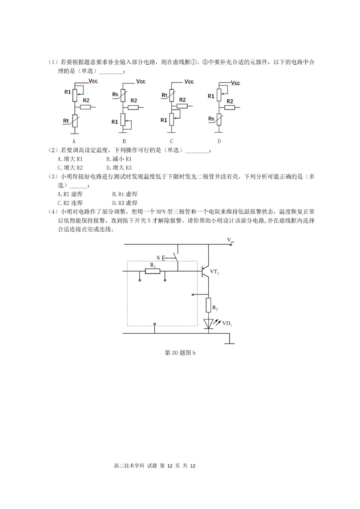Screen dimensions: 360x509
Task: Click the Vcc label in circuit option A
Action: point(93,81)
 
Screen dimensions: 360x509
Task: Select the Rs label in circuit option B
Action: point(115,94)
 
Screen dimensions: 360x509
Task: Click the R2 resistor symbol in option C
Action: point(182,106)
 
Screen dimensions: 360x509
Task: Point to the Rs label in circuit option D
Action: point(211,119)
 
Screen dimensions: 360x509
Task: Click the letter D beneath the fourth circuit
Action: point(219,141)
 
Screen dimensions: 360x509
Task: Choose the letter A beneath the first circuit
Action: point(74,141)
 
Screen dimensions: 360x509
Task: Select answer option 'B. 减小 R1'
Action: point(119,159)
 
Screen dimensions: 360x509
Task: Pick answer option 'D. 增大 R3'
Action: point(119,168)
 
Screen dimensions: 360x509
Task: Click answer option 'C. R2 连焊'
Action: point(70,203)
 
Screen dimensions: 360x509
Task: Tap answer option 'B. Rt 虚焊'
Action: point(125,194)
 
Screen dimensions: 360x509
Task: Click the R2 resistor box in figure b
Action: point(152,271)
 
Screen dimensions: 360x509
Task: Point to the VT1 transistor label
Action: point(214,271)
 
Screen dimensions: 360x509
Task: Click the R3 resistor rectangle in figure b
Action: point(208,305)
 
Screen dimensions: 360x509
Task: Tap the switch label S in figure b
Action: point(158,258)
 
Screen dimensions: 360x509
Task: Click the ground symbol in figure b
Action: point(229,343)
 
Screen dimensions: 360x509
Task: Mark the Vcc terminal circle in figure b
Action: point(231,245)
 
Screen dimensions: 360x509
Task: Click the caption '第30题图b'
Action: point(180,353)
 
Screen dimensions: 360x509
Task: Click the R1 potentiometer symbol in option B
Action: point(123,120)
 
